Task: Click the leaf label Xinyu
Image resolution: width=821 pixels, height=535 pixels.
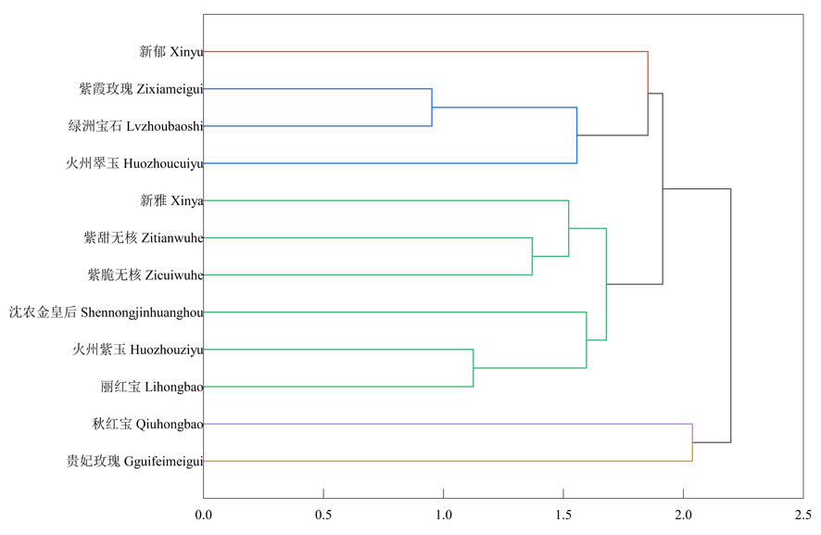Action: point(171,52)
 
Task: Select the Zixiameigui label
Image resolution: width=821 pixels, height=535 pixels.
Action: point(141,89)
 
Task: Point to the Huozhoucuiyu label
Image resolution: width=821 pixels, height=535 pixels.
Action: point(133,163)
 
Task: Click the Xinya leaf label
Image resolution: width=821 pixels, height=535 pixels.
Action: point(171,200)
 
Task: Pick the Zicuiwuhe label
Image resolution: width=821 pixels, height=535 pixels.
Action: point(145,274)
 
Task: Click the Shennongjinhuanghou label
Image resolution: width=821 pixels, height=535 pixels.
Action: point(106,312)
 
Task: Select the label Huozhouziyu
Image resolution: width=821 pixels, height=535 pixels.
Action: point(138,350)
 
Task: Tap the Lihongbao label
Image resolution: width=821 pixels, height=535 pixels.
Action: point(152,387)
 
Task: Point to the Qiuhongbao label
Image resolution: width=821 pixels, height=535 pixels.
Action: point(148,424)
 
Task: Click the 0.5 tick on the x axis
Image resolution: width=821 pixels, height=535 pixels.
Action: point(323,514)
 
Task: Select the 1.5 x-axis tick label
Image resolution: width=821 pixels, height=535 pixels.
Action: point(563,514)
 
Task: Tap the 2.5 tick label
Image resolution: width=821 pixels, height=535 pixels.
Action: point(802,514)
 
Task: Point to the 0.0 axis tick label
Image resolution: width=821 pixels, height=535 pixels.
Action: point(204,514)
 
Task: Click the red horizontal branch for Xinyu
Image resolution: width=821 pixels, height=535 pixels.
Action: point(426,52)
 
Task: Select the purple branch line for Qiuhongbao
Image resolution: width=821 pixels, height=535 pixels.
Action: point(445,424)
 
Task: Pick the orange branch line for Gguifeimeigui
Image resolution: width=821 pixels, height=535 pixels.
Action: point(445,461)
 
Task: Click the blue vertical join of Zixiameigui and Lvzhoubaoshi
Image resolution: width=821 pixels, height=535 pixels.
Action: point(432,108)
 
